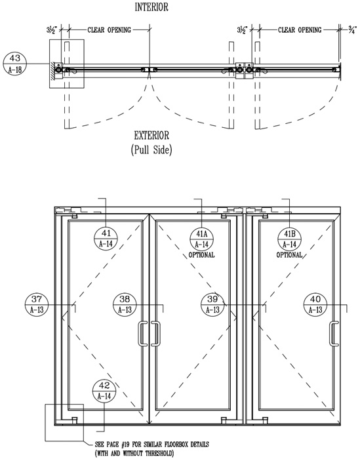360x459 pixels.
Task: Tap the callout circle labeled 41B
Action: coord(289,239)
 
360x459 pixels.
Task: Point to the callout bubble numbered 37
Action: coord(37,304)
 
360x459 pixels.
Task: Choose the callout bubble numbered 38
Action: coord(125,304)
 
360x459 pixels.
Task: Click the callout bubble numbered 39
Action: coord(212,304)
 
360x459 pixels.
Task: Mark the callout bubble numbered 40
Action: coord(315,304)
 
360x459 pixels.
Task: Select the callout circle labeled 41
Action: coord(106,239)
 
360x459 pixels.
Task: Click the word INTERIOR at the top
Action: coord(151,7)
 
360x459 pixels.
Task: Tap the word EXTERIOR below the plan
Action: coord(151,136)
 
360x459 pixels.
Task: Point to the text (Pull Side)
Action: coord(151,150)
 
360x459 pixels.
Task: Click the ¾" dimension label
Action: coord(353,30)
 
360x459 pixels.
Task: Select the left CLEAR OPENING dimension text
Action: coord(109,30)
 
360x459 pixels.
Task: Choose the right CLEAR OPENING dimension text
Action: coord(300,30)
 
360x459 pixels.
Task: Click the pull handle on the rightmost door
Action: coord(333,334)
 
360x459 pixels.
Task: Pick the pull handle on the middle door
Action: coord(156,334)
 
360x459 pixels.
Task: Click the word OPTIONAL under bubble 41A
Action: coord(201,255)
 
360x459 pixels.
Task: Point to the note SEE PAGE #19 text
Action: coord(152,445)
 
